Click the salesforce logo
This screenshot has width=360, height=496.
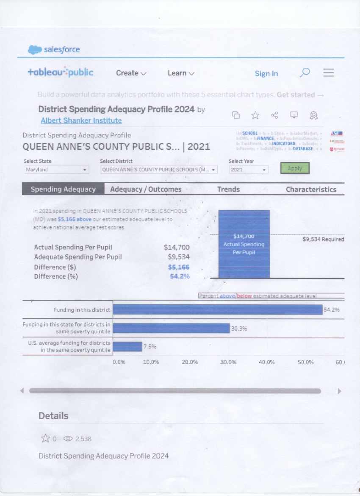coord(54,50)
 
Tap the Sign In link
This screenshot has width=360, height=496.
coord(266,73)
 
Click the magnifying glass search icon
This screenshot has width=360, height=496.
coord(305,72)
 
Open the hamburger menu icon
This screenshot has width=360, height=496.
coord(329,72)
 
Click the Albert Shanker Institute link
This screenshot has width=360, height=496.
coord(81,120)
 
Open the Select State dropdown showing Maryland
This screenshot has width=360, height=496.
coord(56,170)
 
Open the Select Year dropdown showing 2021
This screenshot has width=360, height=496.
coord(249,170)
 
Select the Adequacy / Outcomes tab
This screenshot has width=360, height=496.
coord(146,189)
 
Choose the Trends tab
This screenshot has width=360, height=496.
coord(228,189)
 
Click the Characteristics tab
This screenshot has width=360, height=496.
coord(311,189)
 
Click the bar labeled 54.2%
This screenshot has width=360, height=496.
coord(217,310)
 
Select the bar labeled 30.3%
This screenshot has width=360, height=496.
coord(171,328)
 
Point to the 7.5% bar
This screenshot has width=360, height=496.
coord(127,346)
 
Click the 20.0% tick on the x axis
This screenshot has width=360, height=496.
coord(190,362)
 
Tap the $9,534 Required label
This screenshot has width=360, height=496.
coord(323,239)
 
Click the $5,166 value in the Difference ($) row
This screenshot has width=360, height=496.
coord(179,267)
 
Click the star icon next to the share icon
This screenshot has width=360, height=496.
coord(255,115)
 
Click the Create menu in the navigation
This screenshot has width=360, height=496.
coord(131,73)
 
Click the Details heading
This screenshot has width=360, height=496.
coord(53,416)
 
